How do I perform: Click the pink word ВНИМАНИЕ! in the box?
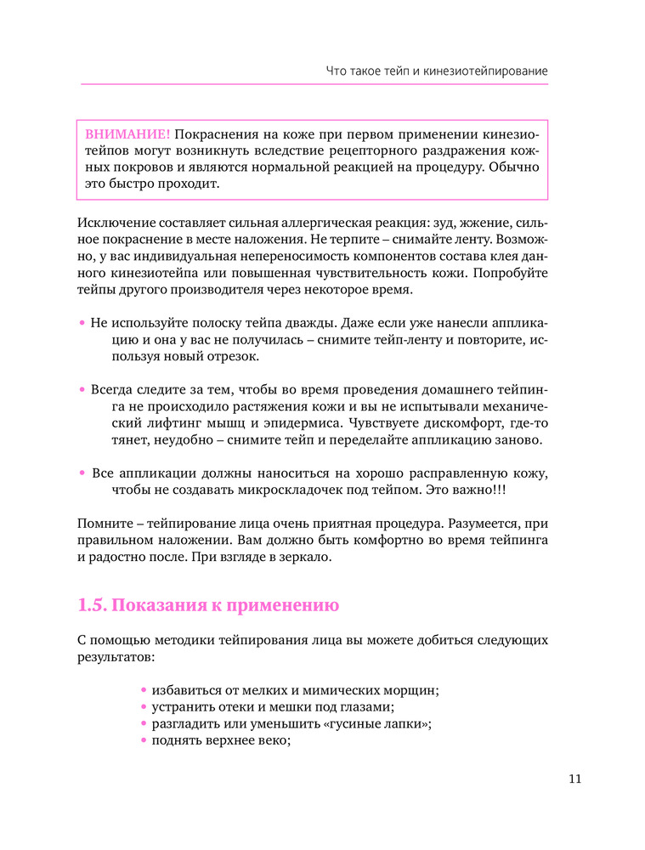pos(127,134)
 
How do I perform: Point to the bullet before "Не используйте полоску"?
pos(82,324)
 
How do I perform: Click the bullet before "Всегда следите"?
pos(82,389)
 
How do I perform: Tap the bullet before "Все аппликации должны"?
pos(82,472)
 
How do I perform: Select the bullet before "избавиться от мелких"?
pos(144,689)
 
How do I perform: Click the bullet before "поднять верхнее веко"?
pos(144,740)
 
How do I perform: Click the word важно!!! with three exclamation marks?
pos(479,490)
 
